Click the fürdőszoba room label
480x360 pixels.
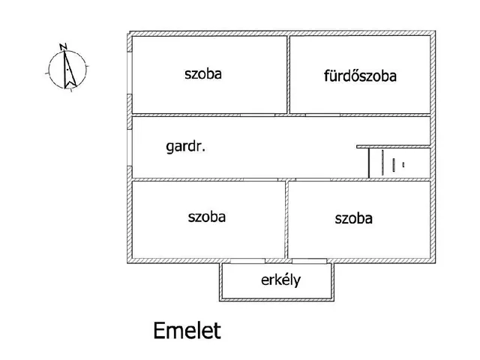(360, 76)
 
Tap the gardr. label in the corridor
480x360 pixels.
(186, 147)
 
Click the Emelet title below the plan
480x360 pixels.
(187, 330)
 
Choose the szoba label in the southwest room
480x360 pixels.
(206, 217)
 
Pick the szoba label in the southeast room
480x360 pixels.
(354, 218)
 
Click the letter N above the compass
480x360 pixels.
(65, 46)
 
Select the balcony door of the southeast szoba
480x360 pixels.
(309, 261)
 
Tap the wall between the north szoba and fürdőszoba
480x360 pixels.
(288, 73)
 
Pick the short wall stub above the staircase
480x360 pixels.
(393, 146)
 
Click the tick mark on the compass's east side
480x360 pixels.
(88, 70)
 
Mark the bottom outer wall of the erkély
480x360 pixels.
(276, 299)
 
